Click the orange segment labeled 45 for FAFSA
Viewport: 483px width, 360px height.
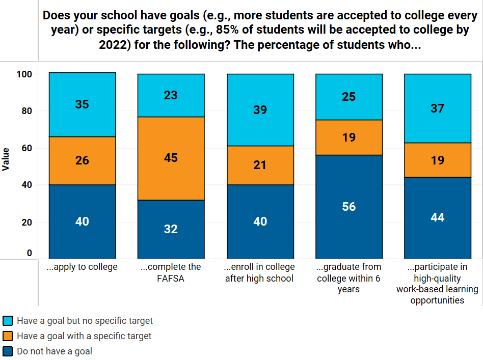[171, 158]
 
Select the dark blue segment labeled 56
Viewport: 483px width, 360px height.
[349, 207]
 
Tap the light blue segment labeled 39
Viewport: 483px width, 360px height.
[260, 110]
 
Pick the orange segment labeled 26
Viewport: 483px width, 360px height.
[82, 160]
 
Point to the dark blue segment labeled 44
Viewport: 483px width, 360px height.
[438, 217]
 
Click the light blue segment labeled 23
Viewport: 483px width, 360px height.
[171, 95]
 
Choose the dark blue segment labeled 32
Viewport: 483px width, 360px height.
[171, 229]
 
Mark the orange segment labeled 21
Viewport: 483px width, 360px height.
[260, 165]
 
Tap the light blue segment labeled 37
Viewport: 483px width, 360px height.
[438, 108]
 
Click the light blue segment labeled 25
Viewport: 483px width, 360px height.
[349, 96]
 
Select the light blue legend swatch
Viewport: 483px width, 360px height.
[8, 321]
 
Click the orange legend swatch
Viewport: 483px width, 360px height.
[8, 336]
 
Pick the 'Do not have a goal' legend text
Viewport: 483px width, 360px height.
[55, 351]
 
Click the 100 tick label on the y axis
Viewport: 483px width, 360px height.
[24, 74]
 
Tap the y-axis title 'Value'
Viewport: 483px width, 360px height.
[6, 159]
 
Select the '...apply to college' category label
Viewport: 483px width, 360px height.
[82, 267]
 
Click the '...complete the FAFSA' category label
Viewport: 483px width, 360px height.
[171, 272]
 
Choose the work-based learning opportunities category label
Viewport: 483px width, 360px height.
[438, 284]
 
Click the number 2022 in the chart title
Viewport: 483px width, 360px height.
[115, 45]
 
